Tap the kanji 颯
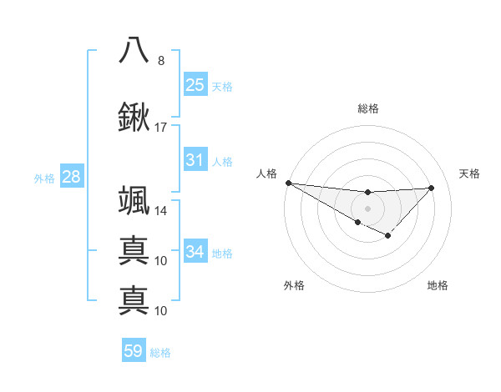pyautogui.click(x=134, y=201)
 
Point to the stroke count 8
pyautogui.click(x=160, y=60)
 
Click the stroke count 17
pyautogui.click(x=160, y=128)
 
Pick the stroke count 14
pyautogui.click(x=160, y=211)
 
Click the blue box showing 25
pyautogui.click(x=195, y=85)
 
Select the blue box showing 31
pyautogui.click(x=195, y=160)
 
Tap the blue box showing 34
pyautogui.click(x=195, y=252)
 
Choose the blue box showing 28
pyautogui.click(x=71, y=177)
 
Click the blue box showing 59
pyautogui.click(x=134, y=352)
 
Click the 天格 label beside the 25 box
pyautogui.click(x=222, y=86)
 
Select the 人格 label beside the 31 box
pyautogui.click(x=222, y=161)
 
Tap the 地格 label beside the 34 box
pyautogui.click(x=222, y=253)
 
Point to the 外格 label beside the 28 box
pyautogui.click(x=44, y=178)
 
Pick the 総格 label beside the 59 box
pyautogui.click(x=160, y=353)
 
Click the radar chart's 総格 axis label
pyautogui.click(x=367, y=108)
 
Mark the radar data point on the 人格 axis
pyautogui.click(x=288, y=183)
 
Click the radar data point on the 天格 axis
pyautogui.click(x=432, y=188)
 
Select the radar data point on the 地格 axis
pyautogui.click(x=387, y=237)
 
